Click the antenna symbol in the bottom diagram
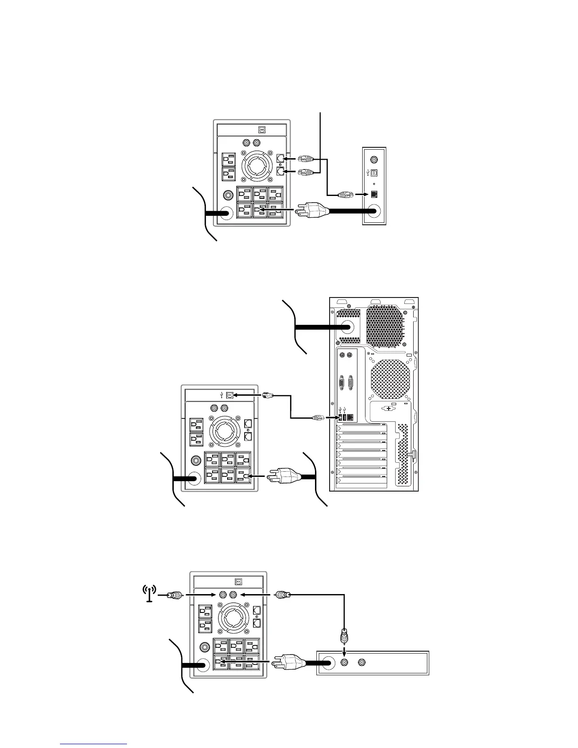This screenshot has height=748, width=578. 149,594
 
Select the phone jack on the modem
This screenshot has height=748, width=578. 374,194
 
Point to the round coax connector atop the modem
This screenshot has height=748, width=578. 374,160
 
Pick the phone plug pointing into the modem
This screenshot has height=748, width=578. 344,194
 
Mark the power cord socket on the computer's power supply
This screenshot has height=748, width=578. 348,327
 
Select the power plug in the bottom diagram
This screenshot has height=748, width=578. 290,663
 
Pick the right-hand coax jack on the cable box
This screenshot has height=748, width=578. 362,663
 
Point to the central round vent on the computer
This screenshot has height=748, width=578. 390,379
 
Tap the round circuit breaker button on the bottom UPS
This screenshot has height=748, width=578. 205,646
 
